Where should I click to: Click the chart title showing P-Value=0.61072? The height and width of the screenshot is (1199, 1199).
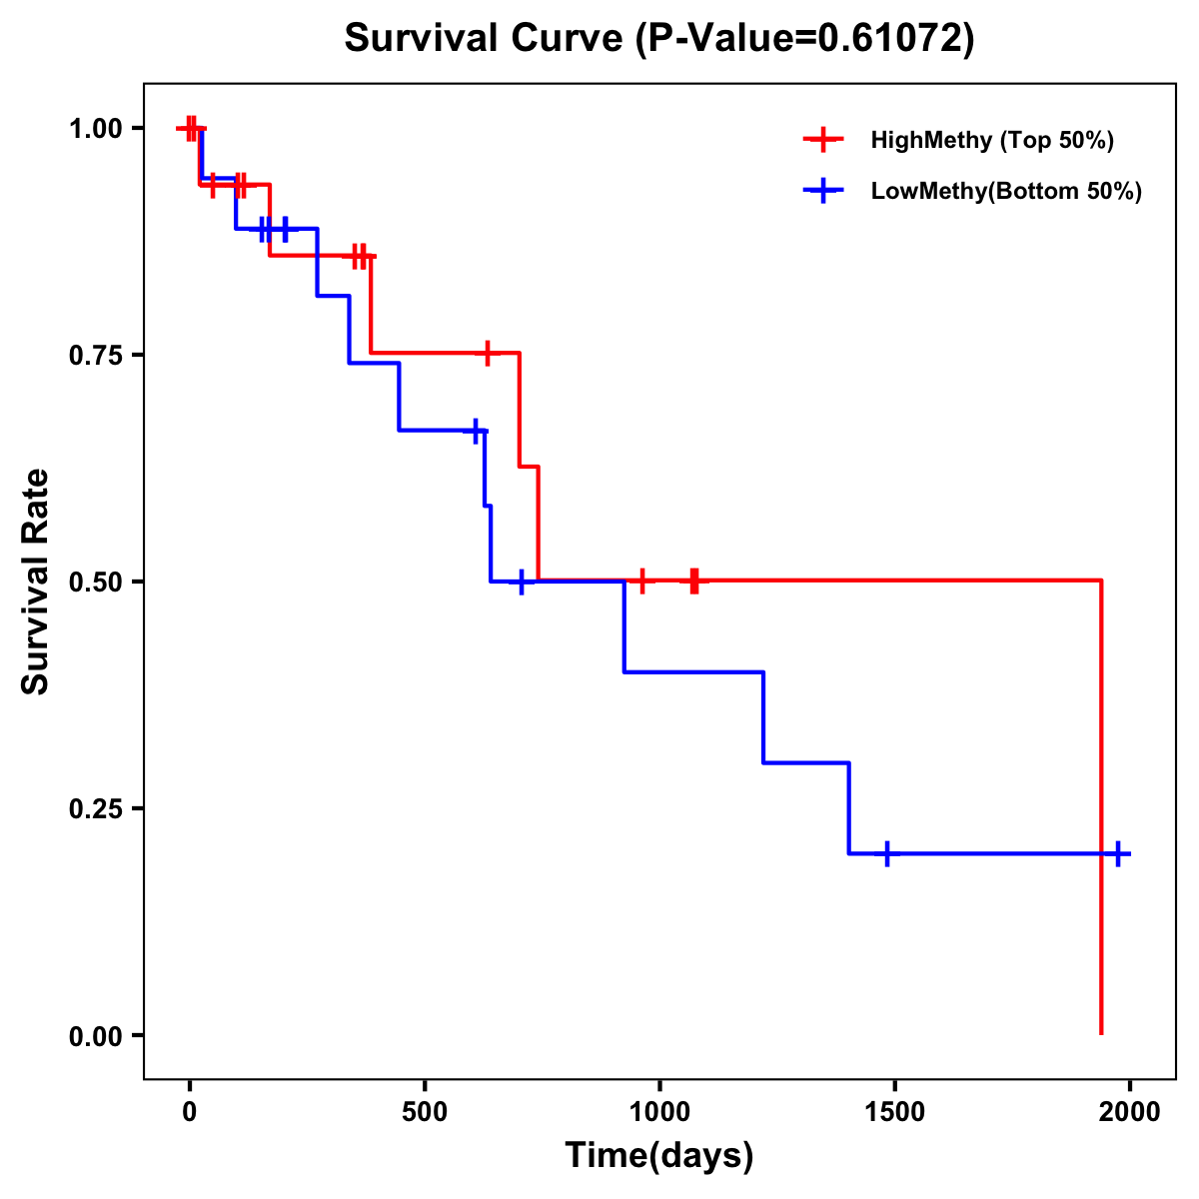658,38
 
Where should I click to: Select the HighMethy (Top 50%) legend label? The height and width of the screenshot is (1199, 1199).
991,140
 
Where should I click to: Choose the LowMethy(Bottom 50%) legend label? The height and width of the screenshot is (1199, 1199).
1006,191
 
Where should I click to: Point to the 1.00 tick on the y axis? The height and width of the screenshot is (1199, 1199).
95,129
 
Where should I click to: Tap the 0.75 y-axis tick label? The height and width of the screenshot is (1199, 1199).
95,356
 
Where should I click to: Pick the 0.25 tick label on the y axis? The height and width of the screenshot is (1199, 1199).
95,809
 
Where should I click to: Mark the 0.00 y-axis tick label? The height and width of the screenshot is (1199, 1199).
95,1036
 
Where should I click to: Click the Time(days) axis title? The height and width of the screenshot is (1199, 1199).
659,1156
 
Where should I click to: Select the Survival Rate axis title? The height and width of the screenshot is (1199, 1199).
36,582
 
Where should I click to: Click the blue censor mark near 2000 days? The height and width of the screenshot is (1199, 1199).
1118,853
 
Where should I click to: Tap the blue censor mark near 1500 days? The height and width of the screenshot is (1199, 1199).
886,854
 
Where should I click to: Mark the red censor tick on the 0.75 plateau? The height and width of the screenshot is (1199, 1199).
487,353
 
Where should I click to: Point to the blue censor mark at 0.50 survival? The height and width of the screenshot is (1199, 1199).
521,582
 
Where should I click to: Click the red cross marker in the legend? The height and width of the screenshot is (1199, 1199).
823,140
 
